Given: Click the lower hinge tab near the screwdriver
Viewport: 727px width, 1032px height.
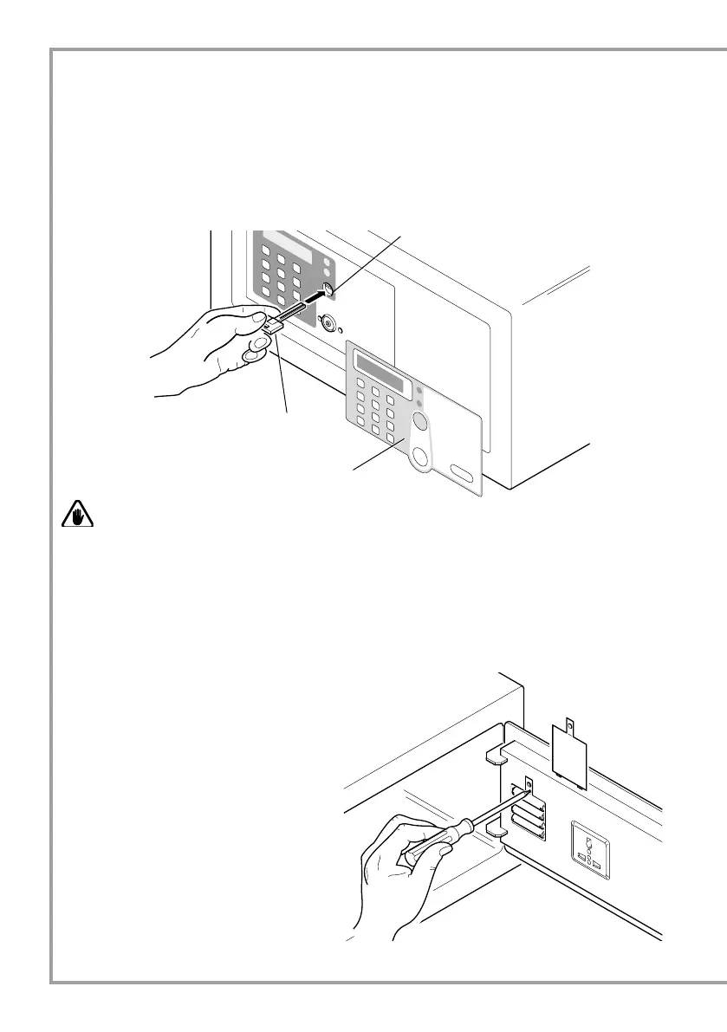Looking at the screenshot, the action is pos(497,829).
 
